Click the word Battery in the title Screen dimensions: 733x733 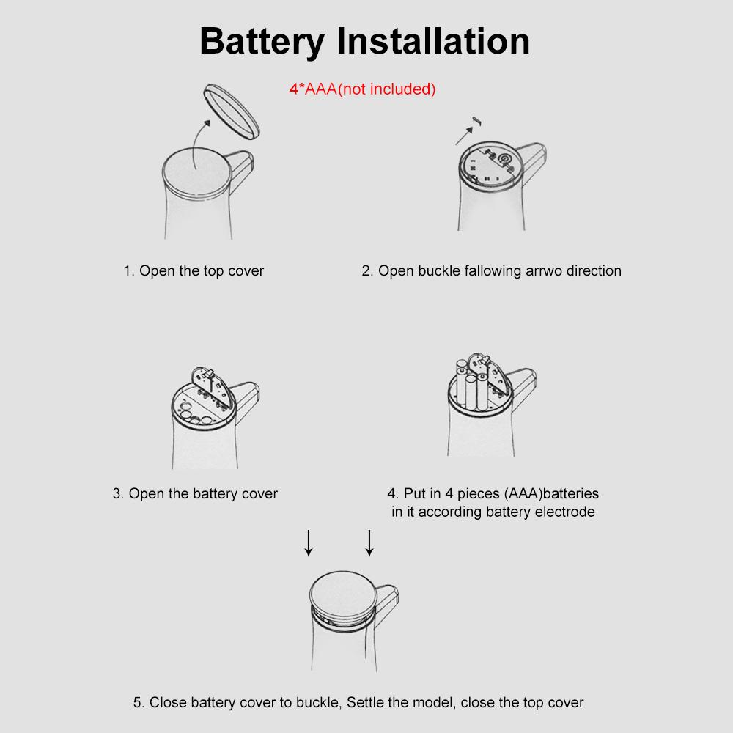262,42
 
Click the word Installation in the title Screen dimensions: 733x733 433,41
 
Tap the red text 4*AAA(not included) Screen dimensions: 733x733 362,89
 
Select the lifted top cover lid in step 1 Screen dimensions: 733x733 232,111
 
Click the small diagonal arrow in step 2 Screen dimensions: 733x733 464,136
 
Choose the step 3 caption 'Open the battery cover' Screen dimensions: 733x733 195,493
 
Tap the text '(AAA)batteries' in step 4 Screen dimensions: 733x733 552,493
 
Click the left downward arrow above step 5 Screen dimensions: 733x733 309,542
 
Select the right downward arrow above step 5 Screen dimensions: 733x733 369,542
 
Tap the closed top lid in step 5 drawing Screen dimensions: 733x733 342,591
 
